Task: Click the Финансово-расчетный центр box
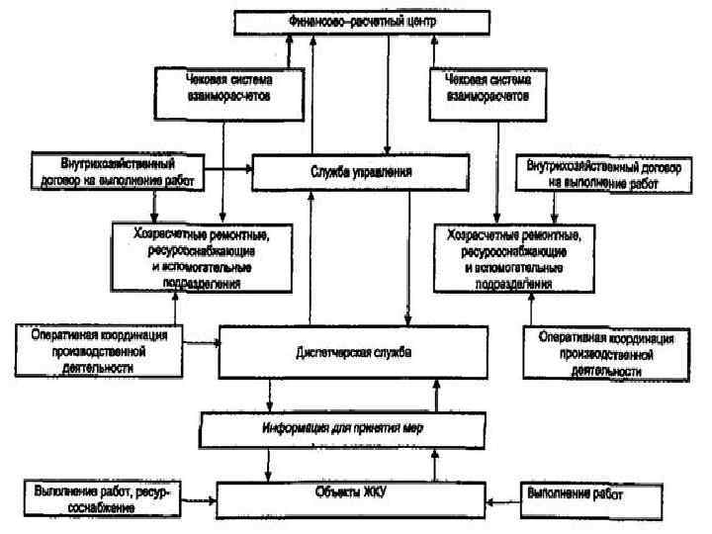361,21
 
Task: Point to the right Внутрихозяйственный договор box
603,174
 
